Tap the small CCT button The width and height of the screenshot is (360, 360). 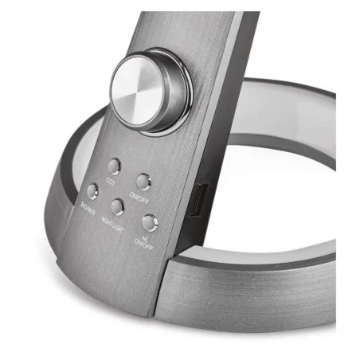coord(115,166)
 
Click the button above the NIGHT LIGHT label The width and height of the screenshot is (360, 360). coord(118,207)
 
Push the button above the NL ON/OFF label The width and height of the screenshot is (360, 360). coord(149,222)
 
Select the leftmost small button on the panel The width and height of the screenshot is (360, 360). coord(92,191)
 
